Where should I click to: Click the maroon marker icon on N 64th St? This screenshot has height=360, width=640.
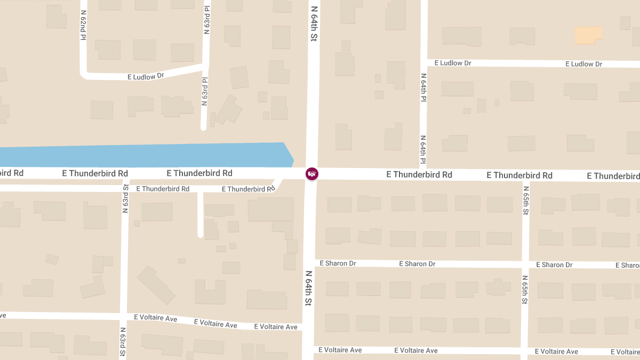point(312,173)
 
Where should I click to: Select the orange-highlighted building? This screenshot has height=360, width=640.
point(588,35)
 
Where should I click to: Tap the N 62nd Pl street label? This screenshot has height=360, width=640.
point(83,25)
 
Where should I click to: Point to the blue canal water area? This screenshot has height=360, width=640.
point(144,155)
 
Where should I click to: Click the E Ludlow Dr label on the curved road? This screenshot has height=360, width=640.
point(146,76)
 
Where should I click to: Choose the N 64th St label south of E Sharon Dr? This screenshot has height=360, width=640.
point(308,288)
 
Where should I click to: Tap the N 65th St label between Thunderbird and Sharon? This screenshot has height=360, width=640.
point(526,200)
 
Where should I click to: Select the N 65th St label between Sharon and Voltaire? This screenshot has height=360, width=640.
point(525,290)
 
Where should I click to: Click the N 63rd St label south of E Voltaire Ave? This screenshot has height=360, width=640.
point(123,342)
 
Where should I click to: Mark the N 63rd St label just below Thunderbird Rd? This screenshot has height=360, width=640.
point(125,198)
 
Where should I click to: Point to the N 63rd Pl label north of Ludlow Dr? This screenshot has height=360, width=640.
point(206,20)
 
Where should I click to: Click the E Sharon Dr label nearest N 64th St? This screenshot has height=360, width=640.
point(338,263)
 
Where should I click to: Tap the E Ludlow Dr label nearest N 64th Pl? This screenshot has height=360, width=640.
point(453,63)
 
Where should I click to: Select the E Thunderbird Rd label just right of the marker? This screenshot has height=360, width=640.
point(419,174)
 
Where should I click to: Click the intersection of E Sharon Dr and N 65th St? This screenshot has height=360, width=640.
point(525,265)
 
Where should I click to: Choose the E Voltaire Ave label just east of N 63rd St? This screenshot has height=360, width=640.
point(155,318)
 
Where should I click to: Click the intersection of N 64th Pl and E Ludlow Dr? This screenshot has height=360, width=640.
point(423,63)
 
